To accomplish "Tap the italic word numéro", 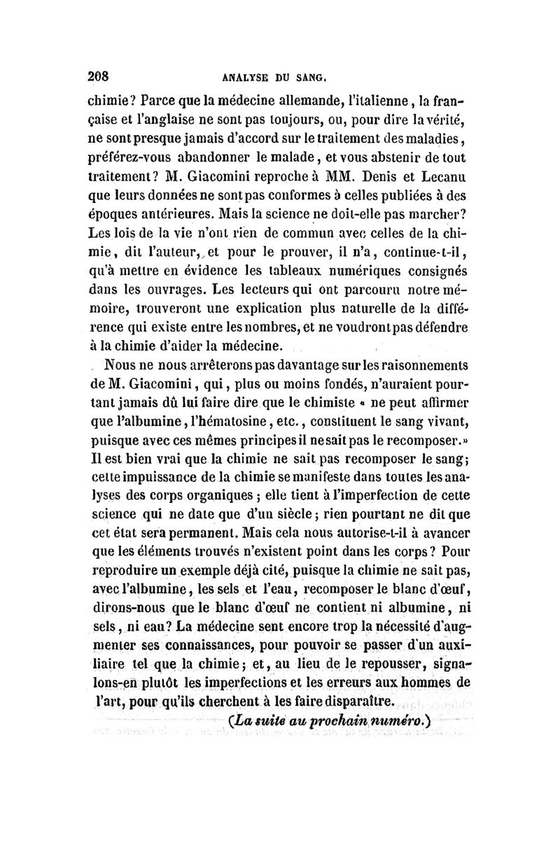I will (403, 721).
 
